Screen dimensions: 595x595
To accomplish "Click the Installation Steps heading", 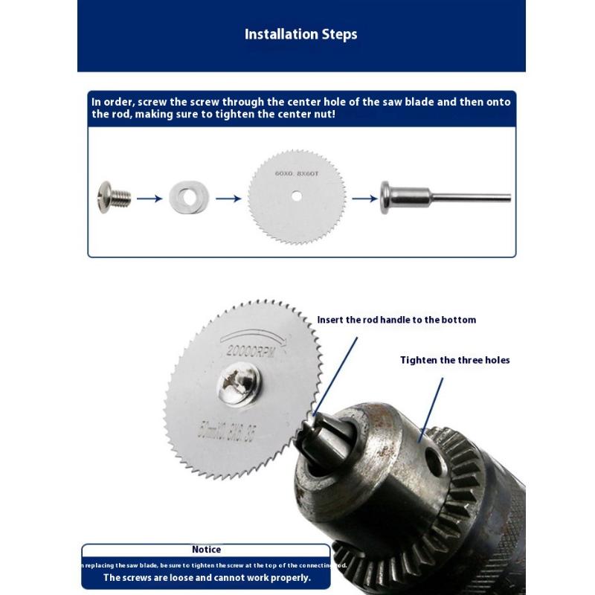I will [x=300, y=34].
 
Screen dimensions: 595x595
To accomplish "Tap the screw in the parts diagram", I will [x=114, y=196].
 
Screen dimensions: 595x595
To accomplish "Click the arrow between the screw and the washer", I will [x=149, y=198].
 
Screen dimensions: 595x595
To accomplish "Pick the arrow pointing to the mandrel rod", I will [x=364, y=199].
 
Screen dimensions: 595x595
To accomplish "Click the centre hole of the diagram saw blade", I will [x=297, y=197].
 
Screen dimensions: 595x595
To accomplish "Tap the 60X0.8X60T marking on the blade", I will [x=297, y=173].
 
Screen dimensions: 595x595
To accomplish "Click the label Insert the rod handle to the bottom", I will [x=396, y=320].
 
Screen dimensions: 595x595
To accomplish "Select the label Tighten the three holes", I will [x=455, y=360].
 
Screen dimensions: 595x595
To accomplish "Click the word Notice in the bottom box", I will [x=206, y=550].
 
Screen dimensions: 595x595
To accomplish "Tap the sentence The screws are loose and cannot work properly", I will [x=207, y=577].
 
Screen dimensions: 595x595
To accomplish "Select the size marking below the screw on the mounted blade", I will [x=237, y=428].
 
